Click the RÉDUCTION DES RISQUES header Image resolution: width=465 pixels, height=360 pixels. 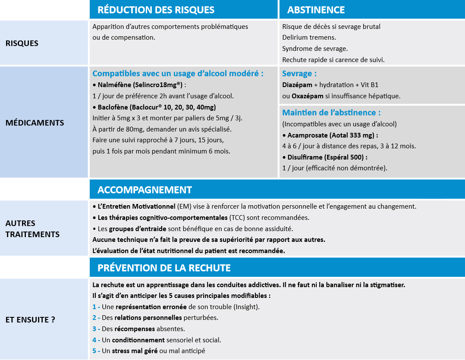(156, 10)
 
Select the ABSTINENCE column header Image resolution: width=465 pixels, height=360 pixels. (316, 10)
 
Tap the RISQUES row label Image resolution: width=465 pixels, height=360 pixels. (22, 44)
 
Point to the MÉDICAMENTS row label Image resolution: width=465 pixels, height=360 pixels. (35, 123)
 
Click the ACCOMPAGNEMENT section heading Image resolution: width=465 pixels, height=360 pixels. (145, 190)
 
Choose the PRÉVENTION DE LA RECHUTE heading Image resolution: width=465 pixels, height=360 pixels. (164, 268)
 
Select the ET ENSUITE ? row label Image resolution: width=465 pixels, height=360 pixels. (30, 320)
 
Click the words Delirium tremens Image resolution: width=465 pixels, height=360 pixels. (309, 38)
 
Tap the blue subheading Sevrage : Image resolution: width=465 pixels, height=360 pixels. (299, 74)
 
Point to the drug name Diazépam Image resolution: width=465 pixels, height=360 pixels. (297, 85)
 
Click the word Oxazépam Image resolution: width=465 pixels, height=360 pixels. (307, 96)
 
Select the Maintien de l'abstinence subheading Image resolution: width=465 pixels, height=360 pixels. (331, 113)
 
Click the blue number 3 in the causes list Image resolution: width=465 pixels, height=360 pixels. (94, 329)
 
